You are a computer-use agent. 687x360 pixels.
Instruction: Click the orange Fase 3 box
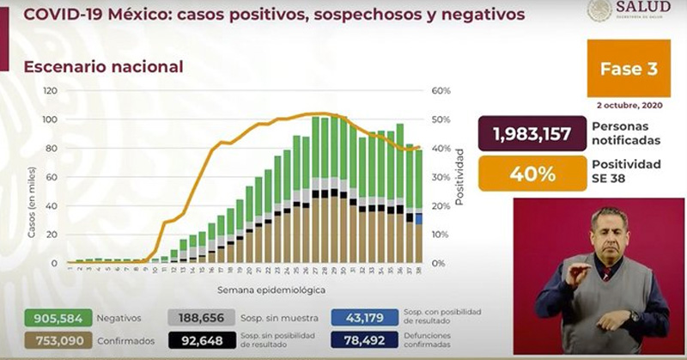click(628, 68)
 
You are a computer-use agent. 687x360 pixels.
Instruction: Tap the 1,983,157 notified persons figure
click(532, 133)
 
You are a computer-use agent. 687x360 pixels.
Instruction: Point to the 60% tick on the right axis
click(441, 91)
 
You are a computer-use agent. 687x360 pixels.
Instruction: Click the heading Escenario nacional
click(103, 66)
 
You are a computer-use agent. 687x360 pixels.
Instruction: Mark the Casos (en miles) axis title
click(32, 208)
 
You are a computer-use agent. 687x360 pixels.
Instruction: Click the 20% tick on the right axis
click(441, 206)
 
